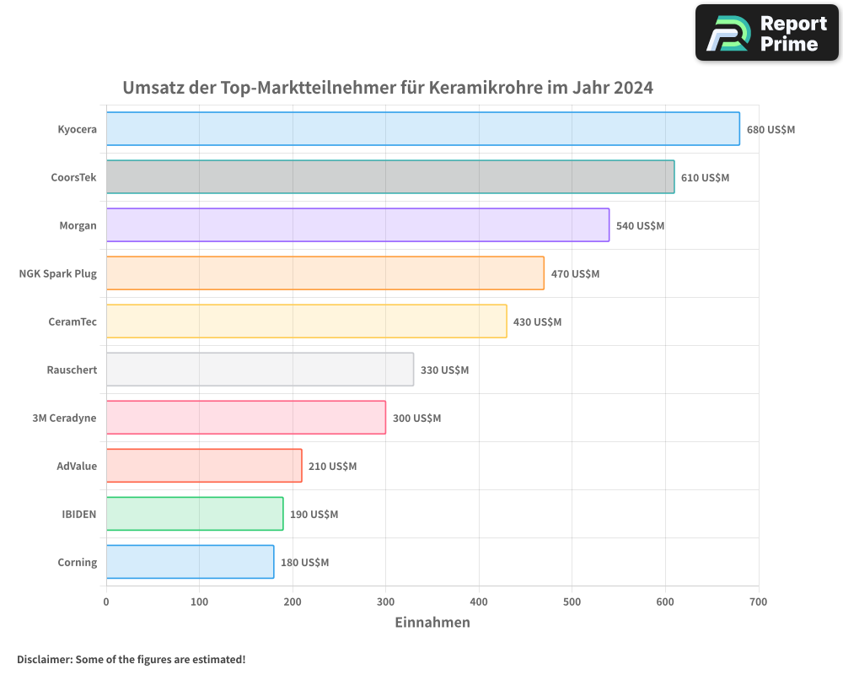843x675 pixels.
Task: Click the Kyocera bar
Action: point(422,129)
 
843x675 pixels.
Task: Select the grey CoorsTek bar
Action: point(390,177)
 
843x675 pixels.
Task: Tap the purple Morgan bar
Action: point(357,225)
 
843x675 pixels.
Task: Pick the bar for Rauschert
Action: point(260,370)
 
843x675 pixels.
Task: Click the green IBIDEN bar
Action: point(195,514)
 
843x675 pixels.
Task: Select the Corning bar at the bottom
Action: point(190,562)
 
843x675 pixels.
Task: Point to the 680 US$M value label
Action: point(771,130)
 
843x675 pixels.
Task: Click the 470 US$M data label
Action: point(575,274)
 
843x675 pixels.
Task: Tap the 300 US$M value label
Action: point(416,418)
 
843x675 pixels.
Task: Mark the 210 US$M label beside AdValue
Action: point(332,467)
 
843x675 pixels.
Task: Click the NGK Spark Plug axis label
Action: point(57,273)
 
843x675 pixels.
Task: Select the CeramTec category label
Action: point(72,321)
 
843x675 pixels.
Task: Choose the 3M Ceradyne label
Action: point(64,418)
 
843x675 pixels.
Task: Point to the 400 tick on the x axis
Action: point(479,602)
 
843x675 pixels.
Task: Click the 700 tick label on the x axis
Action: point(758,602)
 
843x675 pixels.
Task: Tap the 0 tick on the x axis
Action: point(106,602)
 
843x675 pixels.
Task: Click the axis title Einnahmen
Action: point(432,623)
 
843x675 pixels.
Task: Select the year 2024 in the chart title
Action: point(633,88)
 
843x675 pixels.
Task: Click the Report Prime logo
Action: point(766,33)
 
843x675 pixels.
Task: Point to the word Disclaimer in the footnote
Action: point(44,659)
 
